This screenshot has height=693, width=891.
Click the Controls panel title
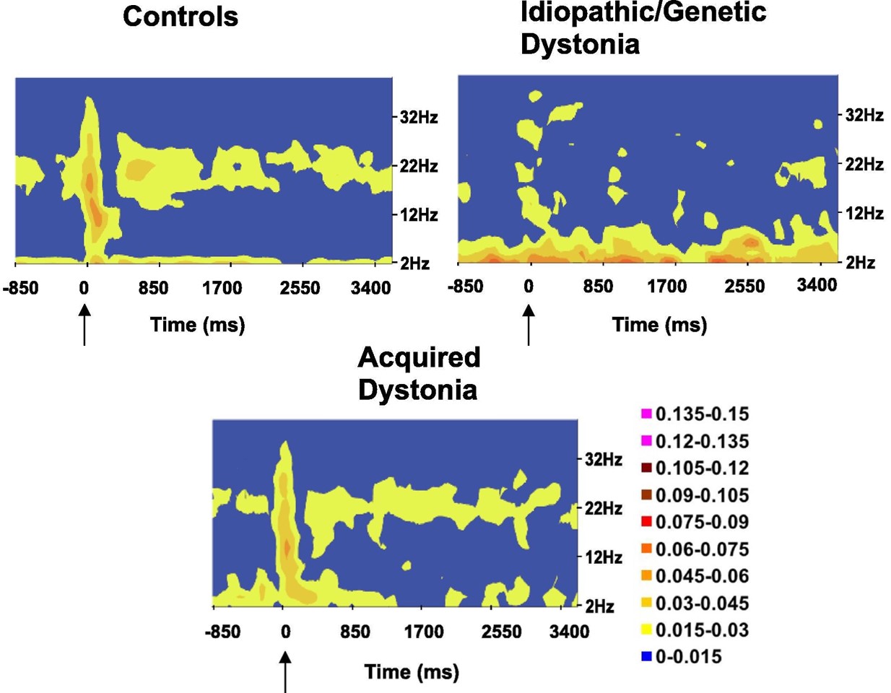(181, 17)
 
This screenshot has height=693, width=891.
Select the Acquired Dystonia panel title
(419, 373)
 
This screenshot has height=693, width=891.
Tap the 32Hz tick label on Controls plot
(419, 117)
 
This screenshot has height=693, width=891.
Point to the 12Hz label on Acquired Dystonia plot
(604, 557)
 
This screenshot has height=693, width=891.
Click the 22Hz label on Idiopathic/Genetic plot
(864, 165)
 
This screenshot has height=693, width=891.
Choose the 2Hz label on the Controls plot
(415, 263)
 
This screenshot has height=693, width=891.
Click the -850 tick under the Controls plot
(20, 288)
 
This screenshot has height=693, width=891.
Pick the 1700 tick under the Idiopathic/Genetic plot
(666, 287)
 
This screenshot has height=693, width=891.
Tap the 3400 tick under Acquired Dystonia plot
(569, 632)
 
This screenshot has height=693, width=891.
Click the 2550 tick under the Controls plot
(300, 288)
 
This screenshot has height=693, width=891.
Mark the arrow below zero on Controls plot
(84, 324)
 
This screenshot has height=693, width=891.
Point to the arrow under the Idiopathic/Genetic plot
(529, 324)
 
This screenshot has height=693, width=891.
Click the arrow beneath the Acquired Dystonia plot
(285, 671)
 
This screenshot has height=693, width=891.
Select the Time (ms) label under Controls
(198, 325)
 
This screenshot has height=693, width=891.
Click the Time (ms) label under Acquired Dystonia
(412, 672)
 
